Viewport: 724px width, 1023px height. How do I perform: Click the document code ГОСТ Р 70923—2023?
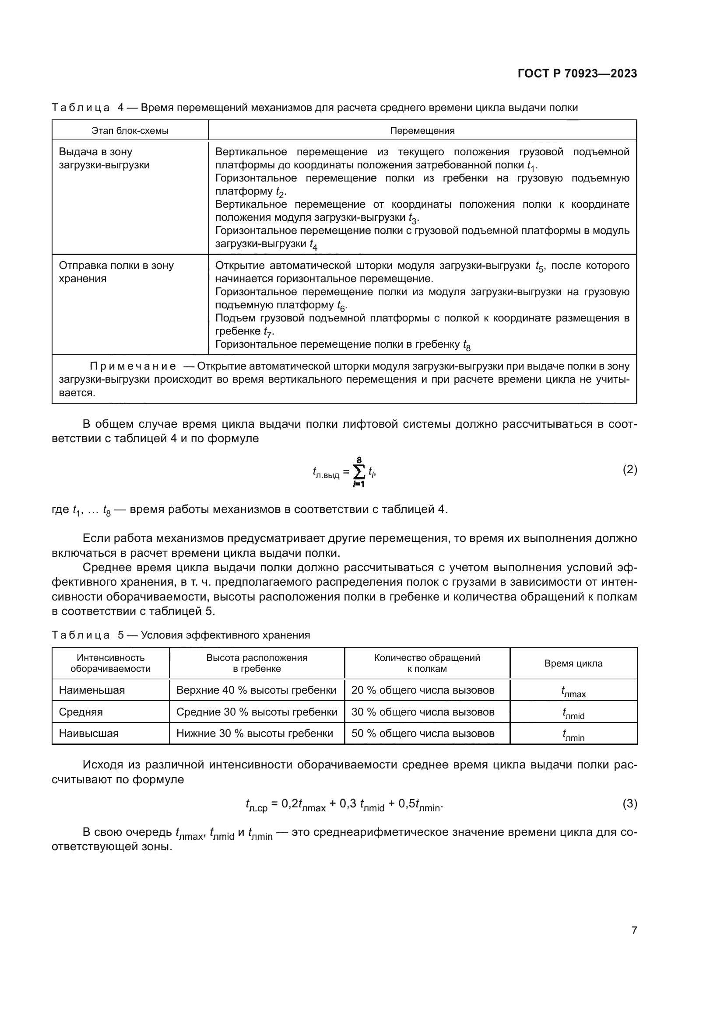(577, 74)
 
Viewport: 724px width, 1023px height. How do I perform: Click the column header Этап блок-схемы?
(130, 130)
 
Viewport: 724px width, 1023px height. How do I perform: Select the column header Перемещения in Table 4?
(422, 130)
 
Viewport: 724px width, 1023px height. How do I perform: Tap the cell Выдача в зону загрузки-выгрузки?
(104, 159)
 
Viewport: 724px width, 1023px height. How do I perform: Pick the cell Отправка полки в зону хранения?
(116, 272)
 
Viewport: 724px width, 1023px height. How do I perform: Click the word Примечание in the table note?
(133, 366)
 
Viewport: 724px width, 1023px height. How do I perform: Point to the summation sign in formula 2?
(358, 471)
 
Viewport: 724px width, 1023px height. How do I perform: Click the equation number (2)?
(629, 469)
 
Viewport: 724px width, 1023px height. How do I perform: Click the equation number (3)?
(629, 804)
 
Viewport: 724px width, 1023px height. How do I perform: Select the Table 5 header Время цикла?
(573, 663)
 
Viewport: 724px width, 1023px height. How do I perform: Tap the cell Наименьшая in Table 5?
(92, 690)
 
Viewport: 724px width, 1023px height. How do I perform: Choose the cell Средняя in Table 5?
(81, 712)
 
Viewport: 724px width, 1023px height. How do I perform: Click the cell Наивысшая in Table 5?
(89, 733)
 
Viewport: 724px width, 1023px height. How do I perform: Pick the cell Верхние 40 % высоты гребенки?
(257, 690)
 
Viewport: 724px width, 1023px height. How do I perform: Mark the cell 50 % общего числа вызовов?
(423, 733)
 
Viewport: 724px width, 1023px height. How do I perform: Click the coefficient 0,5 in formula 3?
(407, 804)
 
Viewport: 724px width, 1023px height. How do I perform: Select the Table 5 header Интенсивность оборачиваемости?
(111, 663)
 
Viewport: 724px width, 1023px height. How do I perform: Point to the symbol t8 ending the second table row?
(467, 346)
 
